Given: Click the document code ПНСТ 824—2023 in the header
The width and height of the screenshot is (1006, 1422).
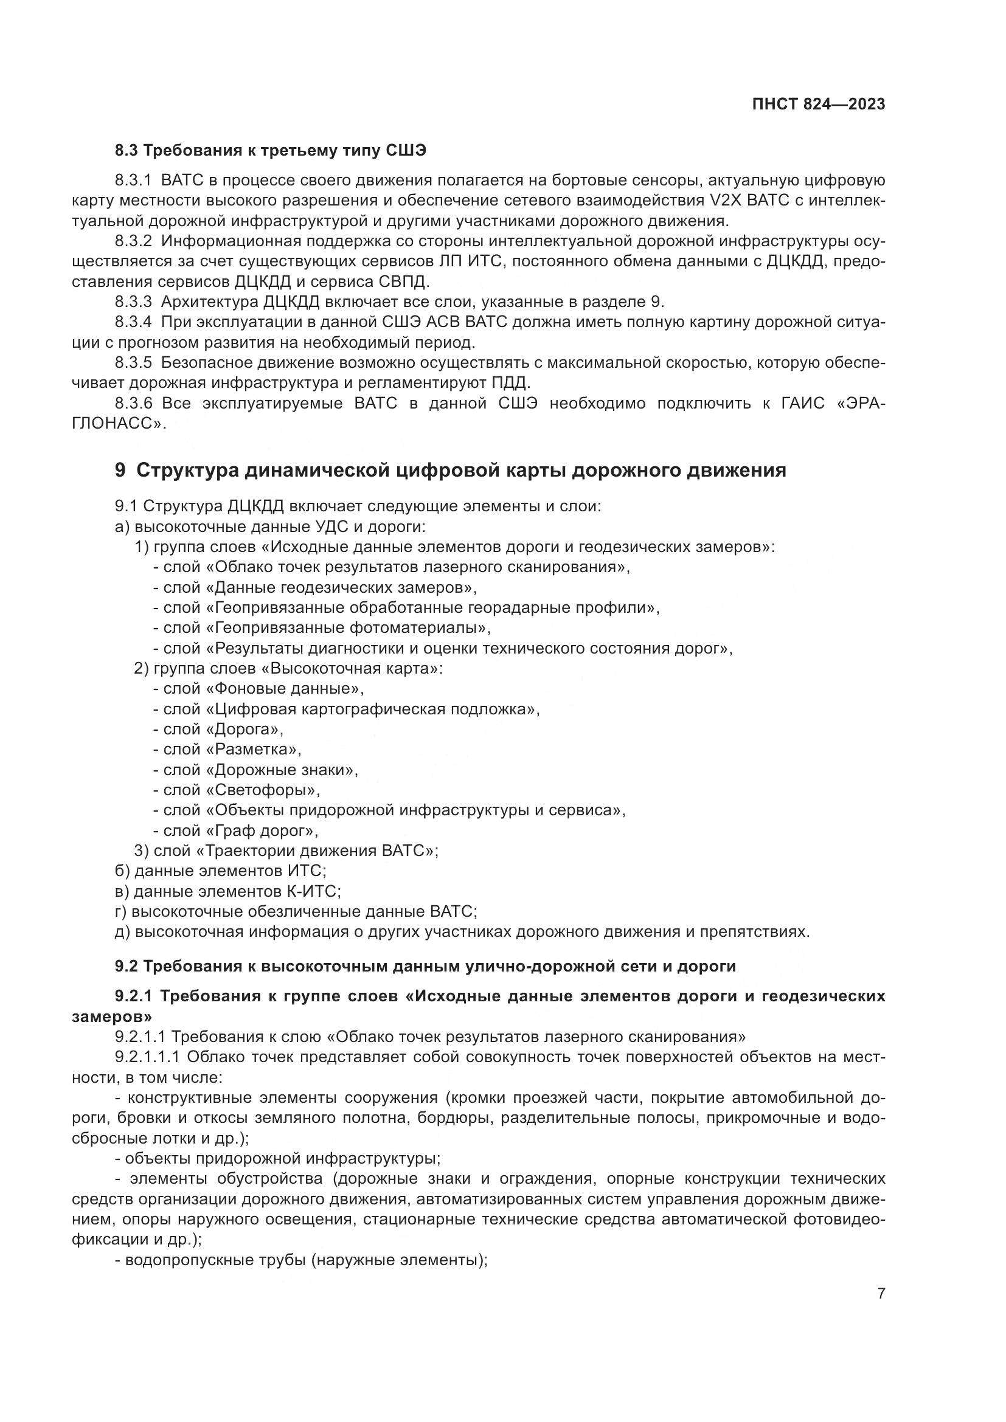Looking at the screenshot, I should pos(818,105).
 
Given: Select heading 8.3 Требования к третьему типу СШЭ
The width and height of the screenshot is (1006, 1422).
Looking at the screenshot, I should pos(271,151).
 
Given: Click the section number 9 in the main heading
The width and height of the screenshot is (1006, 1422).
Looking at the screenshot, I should pos(120,470).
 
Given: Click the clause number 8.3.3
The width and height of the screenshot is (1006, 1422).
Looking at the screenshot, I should pos(133,302).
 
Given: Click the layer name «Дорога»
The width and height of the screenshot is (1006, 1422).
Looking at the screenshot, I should pos(244,730).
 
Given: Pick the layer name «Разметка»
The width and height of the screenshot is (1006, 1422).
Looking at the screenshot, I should pos(253,750).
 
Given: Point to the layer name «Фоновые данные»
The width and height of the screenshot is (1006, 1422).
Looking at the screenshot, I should pos(284,689).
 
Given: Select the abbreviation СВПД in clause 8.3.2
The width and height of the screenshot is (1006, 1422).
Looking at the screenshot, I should pos(401,282).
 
